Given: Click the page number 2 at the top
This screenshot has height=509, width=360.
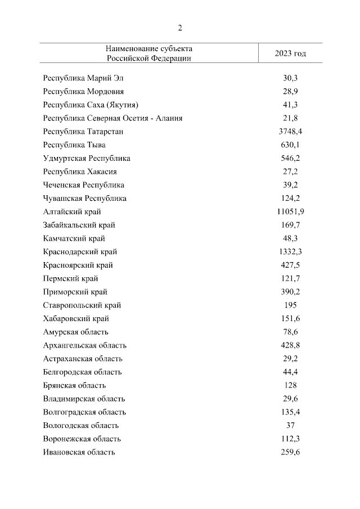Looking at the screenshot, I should tap(180, 28).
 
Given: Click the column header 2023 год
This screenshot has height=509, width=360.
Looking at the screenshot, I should tap(290, 53).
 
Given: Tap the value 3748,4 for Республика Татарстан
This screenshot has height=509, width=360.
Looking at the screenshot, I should tap(290, 131).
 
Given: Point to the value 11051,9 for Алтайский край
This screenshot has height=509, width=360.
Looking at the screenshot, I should tap(290, 211).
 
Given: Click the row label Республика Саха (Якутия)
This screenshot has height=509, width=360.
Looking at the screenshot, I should tap(91, 105).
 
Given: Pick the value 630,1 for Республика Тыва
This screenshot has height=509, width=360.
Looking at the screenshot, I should tap(290, 145).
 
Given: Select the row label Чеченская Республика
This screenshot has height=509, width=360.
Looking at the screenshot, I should tap(83, 185).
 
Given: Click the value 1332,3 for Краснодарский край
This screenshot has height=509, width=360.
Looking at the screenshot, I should tap(290, 251).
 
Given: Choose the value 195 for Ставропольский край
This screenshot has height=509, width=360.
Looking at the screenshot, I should tap(290, 305).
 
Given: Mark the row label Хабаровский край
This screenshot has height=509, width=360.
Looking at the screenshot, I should tap(76, 318).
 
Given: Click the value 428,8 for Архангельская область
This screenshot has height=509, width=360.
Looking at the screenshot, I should tap(290, 345).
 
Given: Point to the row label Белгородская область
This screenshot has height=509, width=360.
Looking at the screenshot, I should tap(82, 372).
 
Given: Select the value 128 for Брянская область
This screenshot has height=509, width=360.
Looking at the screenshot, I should tap(290, 385).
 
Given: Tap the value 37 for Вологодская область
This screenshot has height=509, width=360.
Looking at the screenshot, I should tap(290, 425).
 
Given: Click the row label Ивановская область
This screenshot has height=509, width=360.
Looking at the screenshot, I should tap(79, 452).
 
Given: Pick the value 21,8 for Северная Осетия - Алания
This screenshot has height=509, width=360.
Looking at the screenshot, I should tap(290, 118).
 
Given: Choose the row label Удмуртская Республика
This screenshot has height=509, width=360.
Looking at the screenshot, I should tap(87, 158).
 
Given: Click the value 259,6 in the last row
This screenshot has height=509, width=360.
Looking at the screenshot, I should tap(290, 452).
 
